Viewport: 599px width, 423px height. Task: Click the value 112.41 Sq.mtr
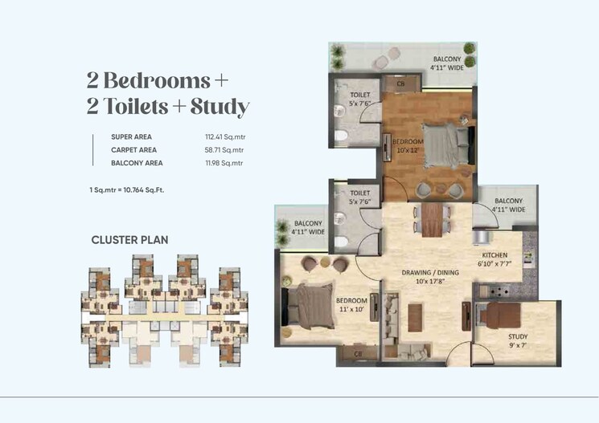coord(224,136)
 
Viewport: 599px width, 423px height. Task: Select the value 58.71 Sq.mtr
coord(222,149)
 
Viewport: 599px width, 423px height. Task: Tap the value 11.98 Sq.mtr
coord(222,163)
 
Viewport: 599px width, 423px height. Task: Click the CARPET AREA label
coord(133,149)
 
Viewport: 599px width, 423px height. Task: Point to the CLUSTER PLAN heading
coord(129,239)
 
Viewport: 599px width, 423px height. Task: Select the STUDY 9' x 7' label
coord(518,342)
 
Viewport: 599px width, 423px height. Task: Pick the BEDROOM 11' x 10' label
coord(351,306)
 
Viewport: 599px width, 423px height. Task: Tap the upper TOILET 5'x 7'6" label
coord(359,99)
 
